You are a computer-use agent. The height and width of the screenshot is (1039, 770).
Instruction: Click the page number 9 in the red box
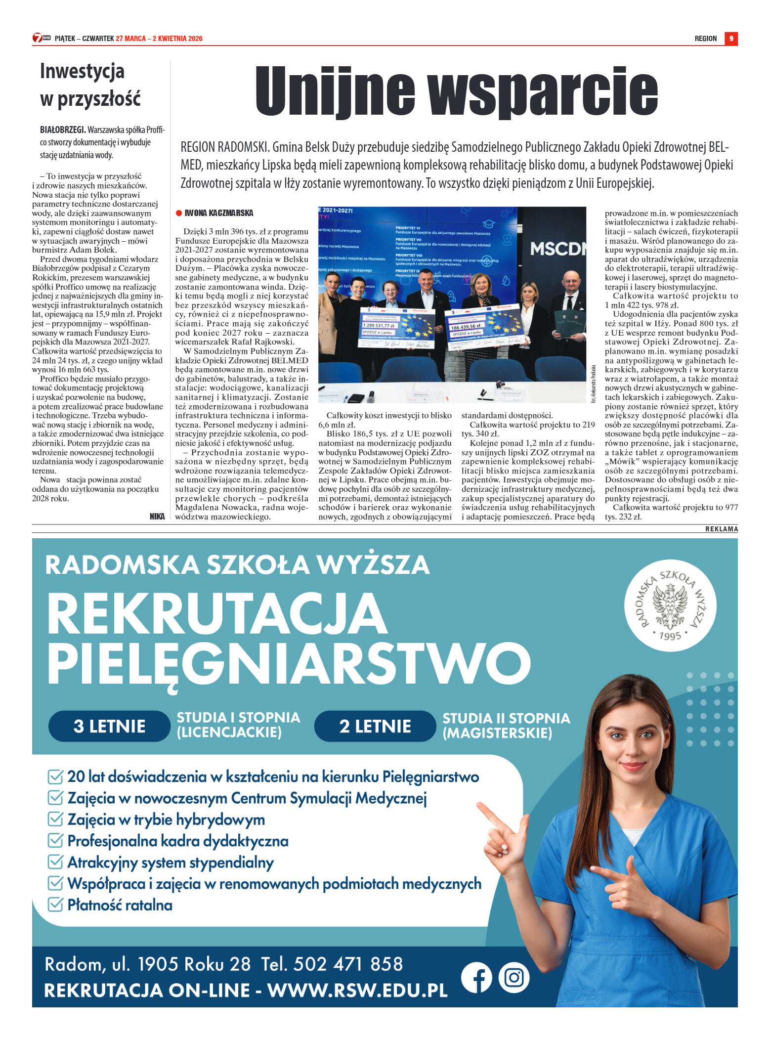pos(731,39)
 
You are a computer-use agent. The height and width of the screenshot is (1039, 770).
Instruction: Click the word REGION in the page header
pos(705,39)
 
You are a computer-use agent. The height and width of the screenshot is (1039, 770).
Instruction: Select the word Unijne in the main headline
pos(335,91)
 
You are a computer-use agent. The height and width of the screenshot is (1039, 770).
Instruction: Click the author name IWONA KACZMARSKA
pos(219,213)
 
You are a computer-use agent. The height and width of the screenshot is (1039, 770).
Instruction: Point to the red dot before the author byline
pos(179,213)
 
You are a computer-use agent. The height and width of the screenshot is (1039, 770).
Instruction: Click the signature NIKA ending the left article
pos(157,517)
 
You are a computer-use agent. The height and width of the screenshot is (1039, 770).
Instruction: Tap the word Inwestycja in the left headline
pos(82,71)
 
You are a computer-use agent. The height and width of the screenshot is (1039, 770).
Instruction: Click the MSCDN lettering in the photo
pos(557,249)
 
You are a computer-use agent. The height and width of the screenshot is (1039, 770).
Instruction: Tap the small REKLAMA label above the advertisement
pos(722,529)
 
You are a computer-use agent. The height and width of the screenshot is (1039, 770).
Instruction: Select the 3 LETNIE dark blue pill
pos(109,726)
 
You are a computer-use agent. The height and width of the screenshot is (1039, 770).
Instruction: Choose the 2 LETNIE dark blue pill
pos(375,726)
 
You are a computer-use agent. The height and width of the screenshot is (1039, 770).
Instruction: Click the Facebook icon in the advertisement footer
pos(476,978)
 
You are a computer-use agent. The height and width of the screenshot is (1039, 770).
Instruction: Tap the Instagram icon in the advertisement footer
pos(514,978)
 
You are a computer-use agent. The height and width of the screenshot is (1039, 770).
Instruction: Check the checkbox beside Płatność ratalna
pos(55,905)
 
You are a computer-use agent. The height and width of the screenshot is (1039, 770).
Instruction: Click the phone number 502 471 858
pos(348,964)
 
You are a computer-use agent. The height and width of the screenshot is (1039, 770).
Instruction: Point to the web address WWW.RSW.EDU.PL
pos(357,990)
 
